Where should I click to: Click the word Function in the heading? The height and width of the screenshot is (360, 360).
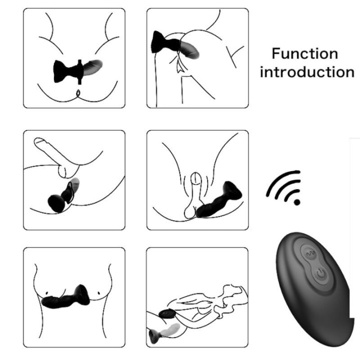tap(305, 53)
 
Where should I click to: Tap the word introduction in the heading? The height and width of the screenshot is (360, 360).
tap(307, 71)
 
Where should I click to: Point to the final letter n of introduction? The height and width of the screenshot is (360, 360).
tap(348, 72)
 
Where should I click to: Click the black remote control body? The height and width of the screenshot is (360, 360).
tap(310, 290)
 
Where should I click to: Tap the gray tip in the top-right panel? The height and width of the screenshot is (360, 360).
tap(190, 50)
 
